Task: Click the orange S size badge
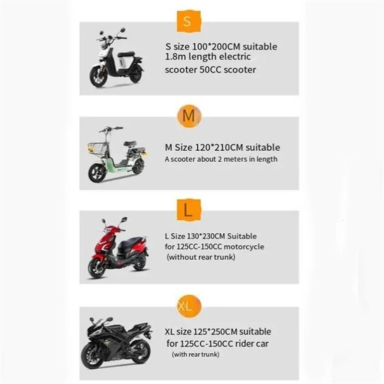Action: click(188, 21)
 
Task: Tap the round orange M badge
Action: click(189, 116)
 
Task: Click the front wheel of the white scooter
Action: click(98, 77)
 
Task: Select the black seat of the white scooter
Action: click(126, 54)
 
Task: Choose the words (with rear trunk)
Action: click(196, 355)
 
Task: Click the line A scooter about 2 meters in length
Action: click(221, 159)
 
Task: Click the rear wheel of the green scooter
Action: click(138, 167)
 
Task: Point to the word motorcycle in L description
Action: click(244, 247)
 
